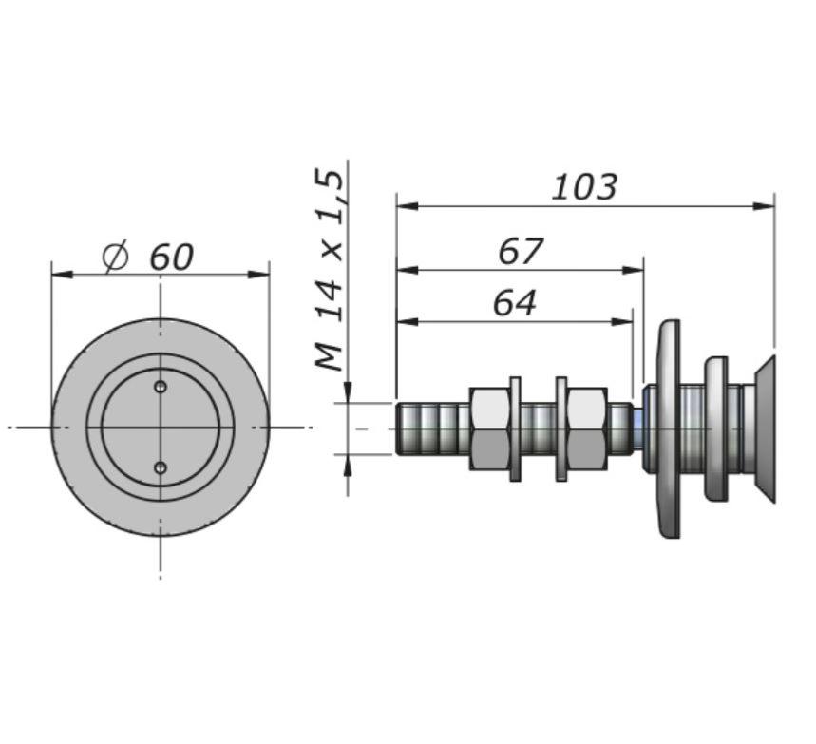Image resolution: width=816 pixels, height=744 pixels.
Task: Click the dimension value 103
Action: coord(584,186)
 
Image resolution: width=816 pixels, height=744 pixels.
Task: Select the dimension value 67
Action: coord(521,252)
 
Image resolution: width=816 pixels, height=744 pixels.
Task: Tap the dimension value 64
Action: coord(515,303)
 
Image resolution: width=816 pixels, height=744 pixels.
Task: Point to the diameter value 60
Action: coord(171,257)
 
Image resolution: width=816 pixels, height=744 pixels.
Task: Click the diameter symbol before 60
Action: coord(115,257)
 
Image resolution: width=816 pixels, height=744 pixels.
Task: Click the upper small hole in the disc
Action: coord(161,387)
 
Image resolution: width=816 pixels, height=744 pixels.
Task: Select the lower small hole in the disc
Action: coord(161,467)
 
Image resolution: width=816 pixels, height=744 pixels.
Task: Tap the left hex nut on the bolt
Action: coord(489,428)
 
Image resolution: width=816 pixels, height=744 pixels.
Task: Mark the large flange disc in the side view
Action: coord(668,428)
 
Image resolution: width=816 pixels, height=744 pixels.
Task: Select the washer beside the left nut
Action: coord(516,428)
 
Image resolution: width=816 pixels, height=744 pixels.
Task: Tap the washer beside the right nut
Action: coord(561,428)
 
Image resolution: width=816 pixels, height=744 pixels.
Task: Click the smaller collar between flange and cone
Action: coord(716,428)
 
